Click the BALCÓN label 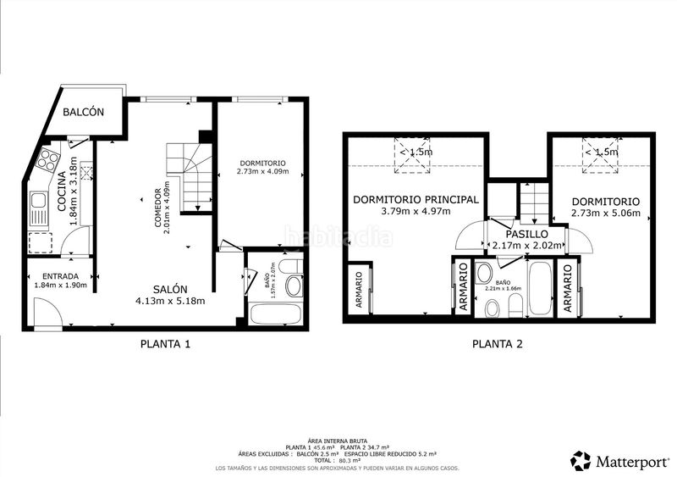[x=84, y=112]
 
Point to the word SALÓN [x=170, y=287]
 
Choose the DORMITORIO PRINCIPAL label [x=416, y=200]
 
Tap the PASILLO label [x=526, y=234]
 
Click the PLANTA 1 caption [x=164, y=344]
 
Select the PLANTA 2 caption [x=498, y=344]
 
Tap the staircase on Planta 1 [x=189, y=174]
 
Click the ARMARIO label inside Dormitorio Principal [x=359, y=291]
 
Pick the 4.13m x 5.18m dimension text [x=170, y=300]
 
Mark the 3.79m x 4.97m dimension [x=416, y=212]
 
